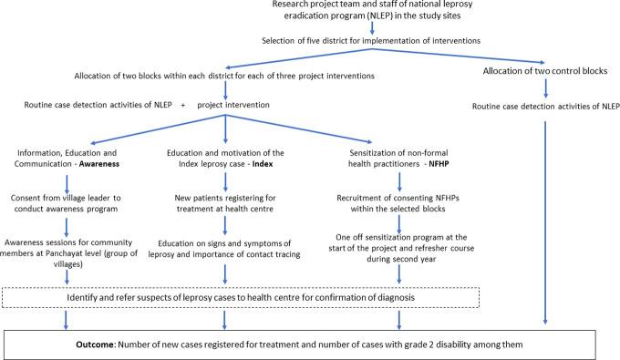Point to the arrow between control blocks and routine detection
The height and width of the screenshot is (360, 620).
(545, 89)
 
